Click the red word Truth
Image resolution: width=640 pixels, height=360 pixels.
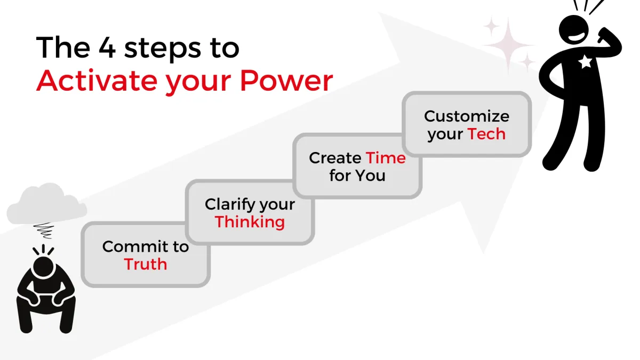146,264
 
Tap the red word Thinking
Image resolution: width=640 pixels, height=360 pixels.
250,222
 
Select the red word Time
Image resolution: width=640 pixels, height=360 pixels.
386,158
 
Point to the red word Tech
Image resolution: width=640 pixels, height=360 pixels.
486,134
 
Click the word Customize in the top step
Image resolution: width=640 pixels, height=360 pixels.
467,116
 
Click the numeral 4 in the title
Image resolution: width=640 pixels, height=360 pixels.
107,47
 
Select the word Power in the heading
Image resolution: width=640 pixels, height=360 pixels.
286,81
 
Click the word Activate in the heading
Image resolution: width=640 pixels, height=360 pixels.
97,81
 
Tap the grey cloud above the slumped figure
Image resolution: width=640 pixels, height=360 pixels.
46,204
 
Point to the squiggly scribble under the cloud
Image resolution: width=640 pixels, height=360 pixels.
44,230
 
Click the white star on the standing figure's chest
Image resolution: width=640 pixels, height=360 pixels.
585,61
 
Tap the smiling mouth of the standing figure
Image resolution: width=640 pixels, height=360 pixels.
577,37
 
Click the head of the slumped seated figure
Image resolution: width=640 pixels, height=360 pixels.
43,266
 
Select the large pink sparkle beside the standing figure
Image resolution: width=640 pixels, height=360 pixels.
508,45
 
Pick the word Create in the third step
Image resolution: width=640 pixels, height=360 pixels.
335,158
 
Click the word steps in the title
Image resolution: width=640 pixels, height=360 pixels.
163,49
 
